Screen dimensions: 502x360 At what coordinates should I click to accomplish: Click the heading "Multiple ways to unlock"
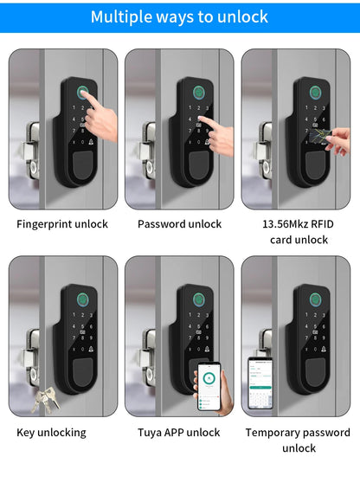click(179, 16)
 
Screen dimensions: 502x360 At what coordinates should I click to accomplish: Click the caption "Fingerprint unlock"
click(62, 224)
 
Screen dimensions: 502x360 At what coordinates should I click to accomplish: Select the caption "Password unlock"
click(179, 224)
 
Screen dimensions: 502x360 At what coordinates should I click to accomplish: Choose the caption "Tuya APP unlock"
click(179, 432)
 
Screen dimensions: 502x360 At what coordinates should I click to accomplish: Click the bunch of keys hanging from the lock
click(44, 398)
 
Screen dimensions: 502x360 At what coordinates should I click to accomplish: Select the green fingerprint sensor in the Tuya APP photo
click(196, 300)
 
